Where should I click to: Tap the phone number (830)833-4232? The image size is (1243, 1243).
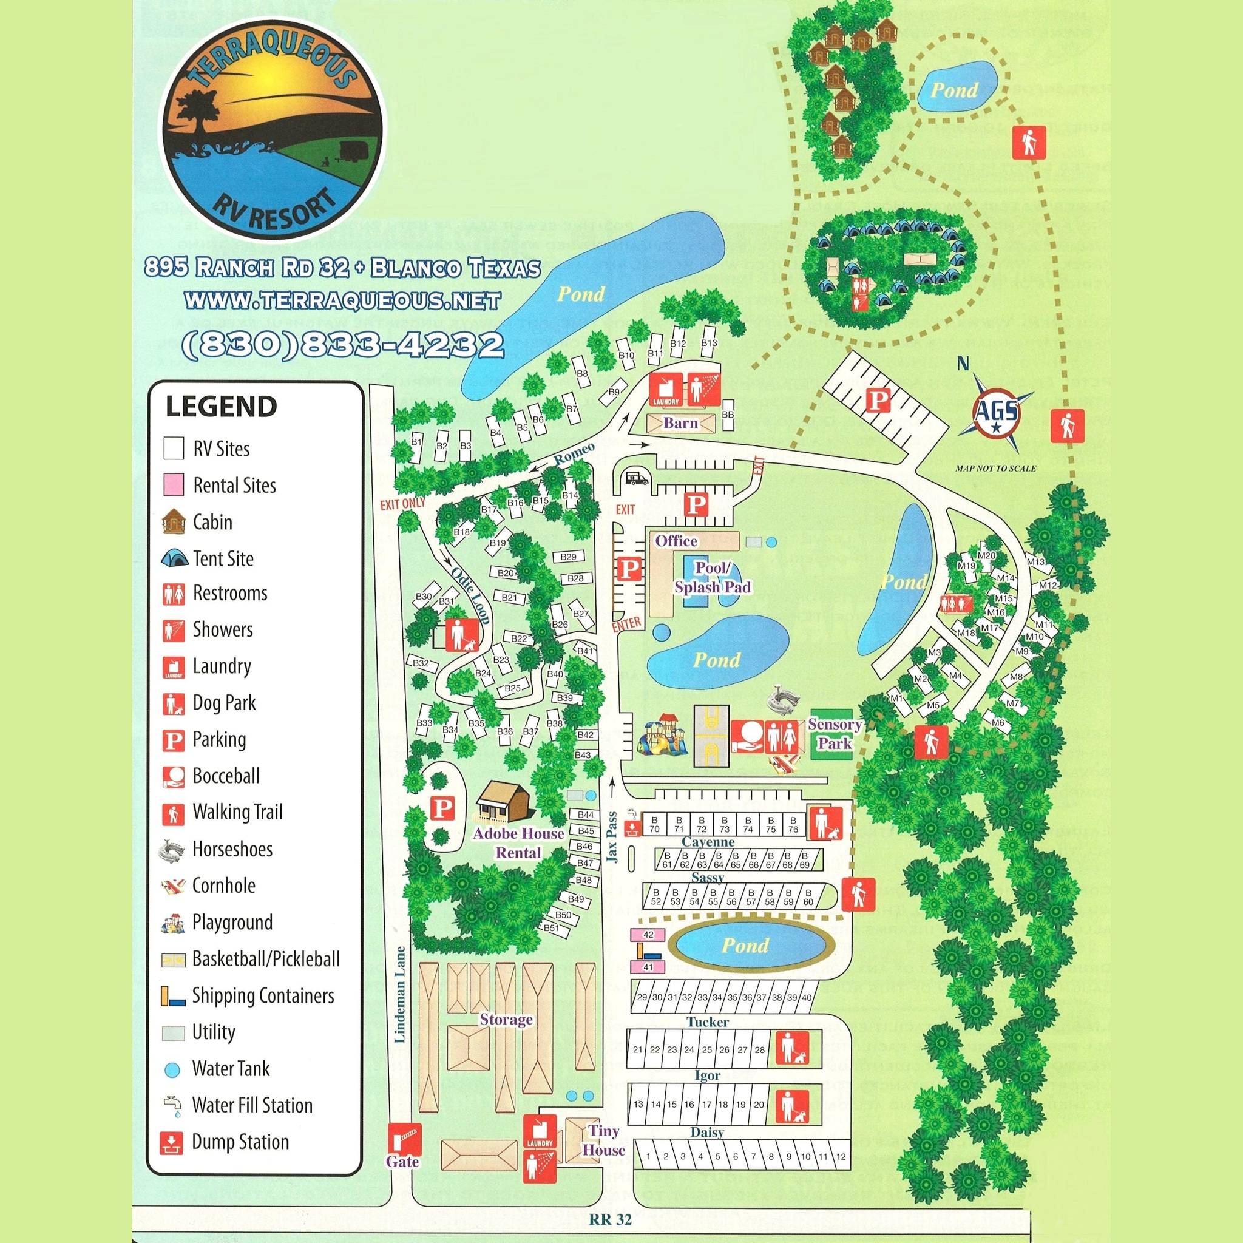coord(343,345)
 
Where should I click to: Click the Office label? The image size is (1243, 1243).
coord(676,541)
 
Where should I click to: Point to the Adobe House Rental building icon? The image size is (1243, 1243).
coord(503,802)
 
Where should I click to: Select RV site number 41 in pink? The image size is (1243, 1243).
coord(648,967)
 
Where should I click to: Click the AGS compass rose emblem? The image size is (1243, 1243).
coord(995,412)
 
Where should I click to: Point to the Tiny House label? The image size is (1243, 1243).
coord(603,1140)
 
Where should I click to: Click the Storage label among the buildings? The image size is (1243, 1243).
coord(506,1020)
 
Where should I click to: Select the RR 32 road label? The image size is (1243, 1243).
coord(610,1219)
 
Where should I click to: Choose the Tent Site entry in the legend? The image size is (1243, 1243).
coord(223,558)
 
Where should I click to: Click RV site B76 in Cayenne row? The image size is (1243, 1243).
coord(793,825)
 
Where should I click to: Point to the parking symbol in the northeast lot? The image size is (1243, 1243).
coord(878,400)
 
